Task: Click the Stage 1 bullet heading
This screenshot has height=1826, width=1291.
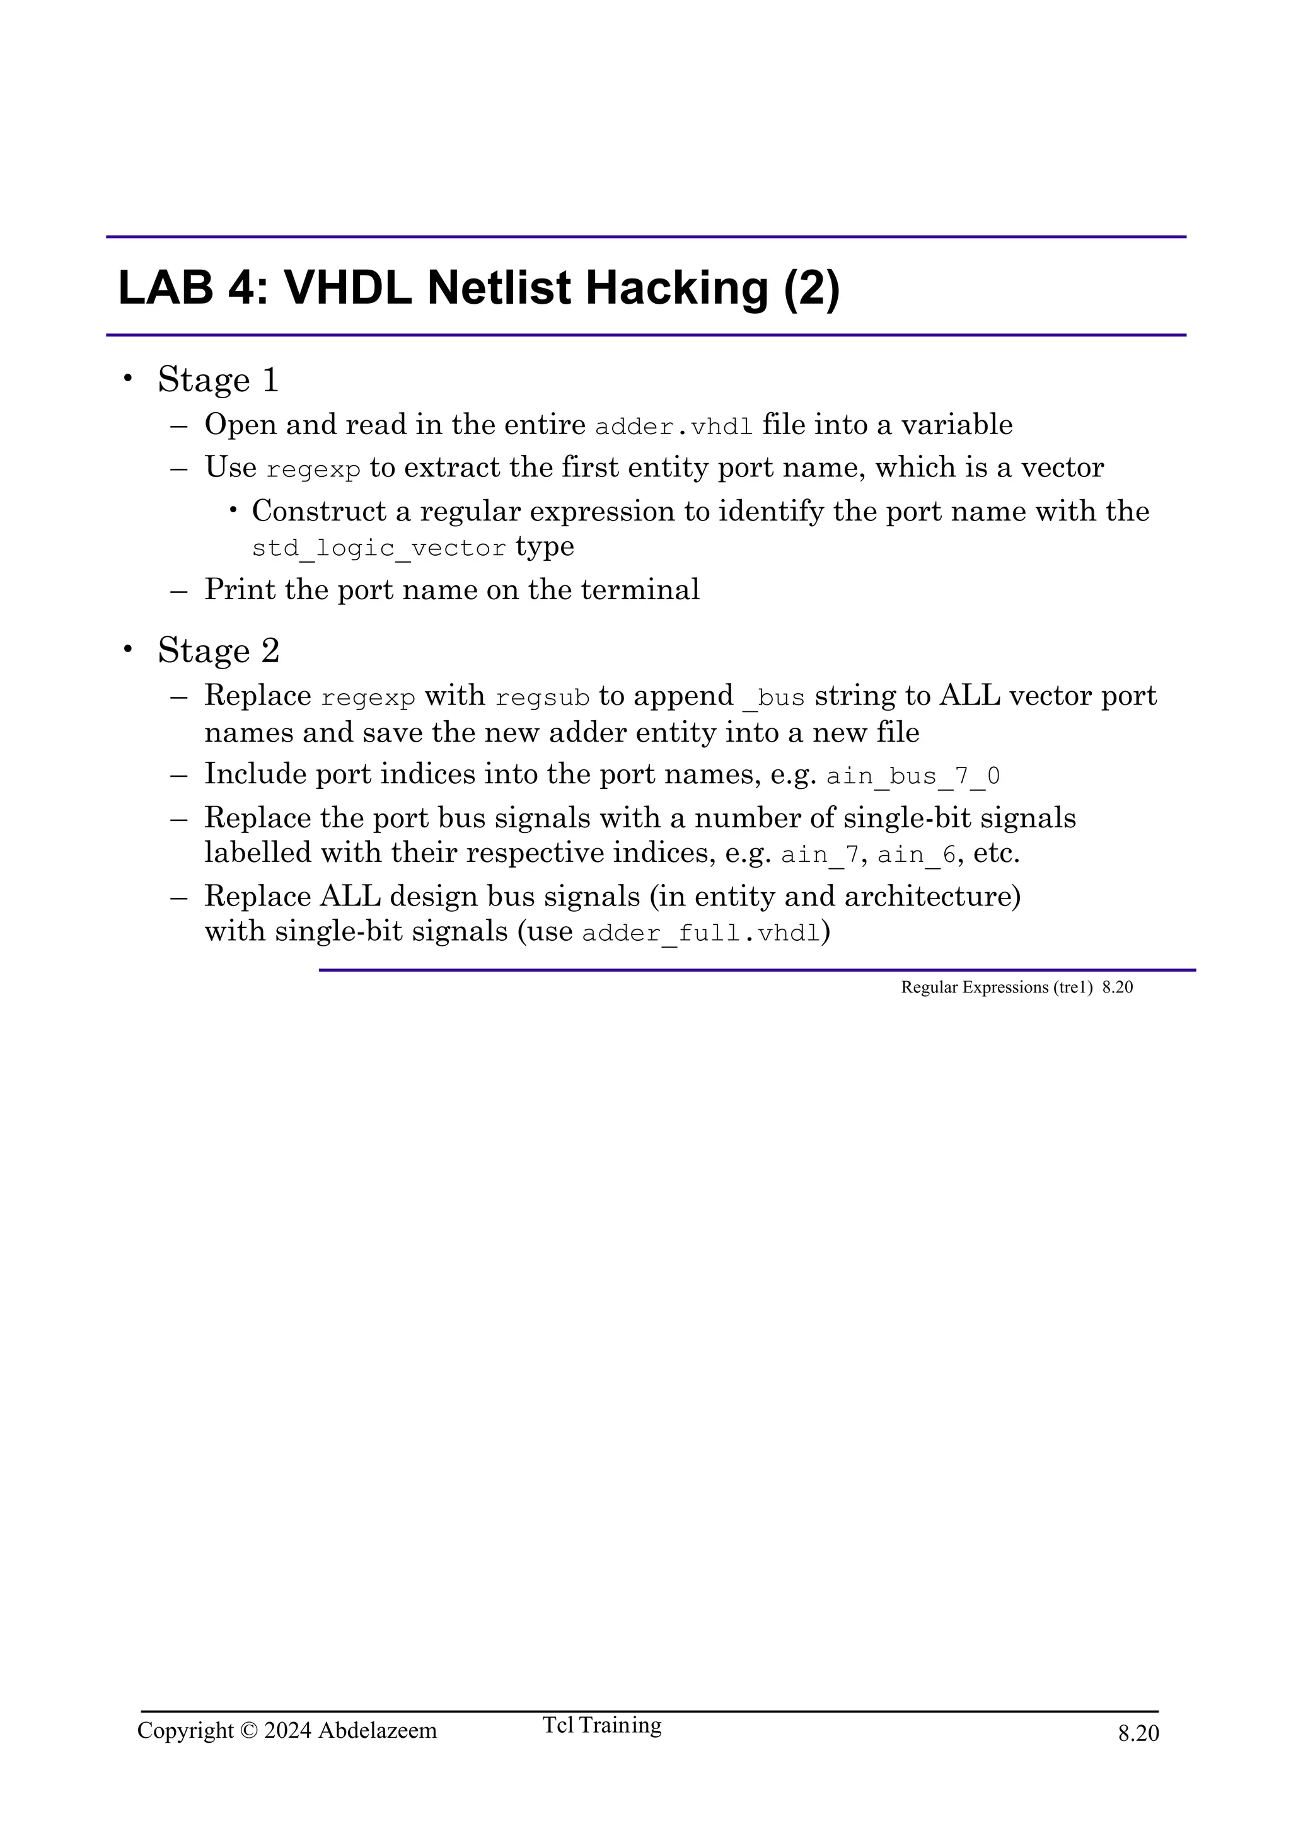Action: (x=218, y=379)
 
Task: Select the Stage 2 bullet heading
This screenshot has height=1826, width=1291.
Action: (x=218, y=650)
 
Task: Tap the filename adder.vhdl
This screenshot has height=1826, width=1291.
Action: (x=674, y=427)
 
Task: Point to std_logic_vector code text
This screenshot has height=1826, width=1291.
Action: (x=379, y=548)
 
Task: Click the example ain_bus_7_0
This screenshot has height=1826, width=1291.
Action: (x=912, y=776)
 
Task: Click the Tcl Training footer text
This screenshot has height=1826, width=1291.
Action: (x=601, y=1747)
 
